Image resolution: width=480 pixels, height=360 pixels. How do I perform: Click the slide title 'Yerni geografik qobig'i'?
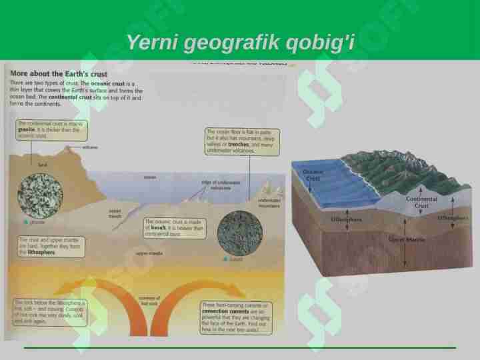point(240,43)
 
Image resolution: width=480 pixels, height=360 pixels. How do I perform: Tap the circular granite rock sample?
point(40,195)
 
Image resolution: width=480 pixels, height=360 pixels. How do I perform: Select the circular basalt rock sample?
point(239,233)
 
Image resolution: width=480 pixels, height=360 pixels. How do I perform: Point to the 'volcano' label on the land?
point(91,147)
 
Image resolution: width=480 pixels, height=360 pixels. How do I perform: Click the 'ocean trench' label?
point(115,213)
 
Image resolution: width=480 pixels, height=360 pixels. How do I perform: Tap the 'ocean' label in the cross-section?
point(150,177)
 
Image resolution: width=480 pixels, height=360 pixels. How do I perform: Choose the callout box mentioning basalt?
point(170,227)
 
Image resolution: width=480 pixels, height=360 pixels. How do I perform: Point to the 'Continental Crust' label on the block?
point(421,203)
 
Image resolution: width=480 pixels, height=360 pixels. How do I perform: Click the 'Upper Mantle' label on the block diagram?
point(406,239)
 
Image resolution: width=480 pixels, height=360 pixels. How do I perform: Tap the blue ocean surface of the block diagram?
point(333,183)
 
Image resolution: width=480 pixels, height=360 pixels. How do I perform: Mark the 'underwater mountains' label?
point(269,203)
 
